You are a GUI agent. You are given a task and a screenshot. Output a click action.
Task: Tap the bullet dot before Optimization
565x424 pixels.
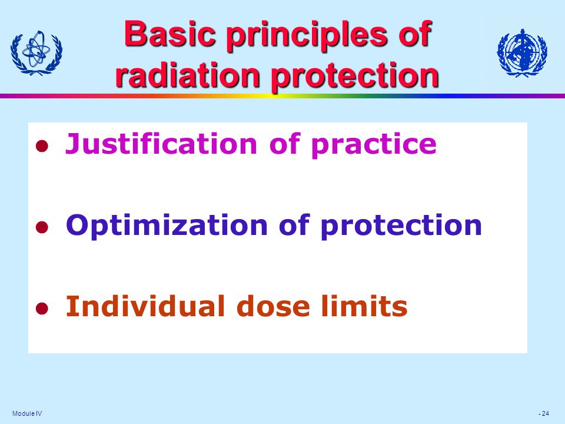[x=41, y=227]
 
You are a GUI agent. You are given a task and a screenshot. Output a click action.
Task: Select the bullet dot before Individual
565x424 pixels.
[x=41, y=308]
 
